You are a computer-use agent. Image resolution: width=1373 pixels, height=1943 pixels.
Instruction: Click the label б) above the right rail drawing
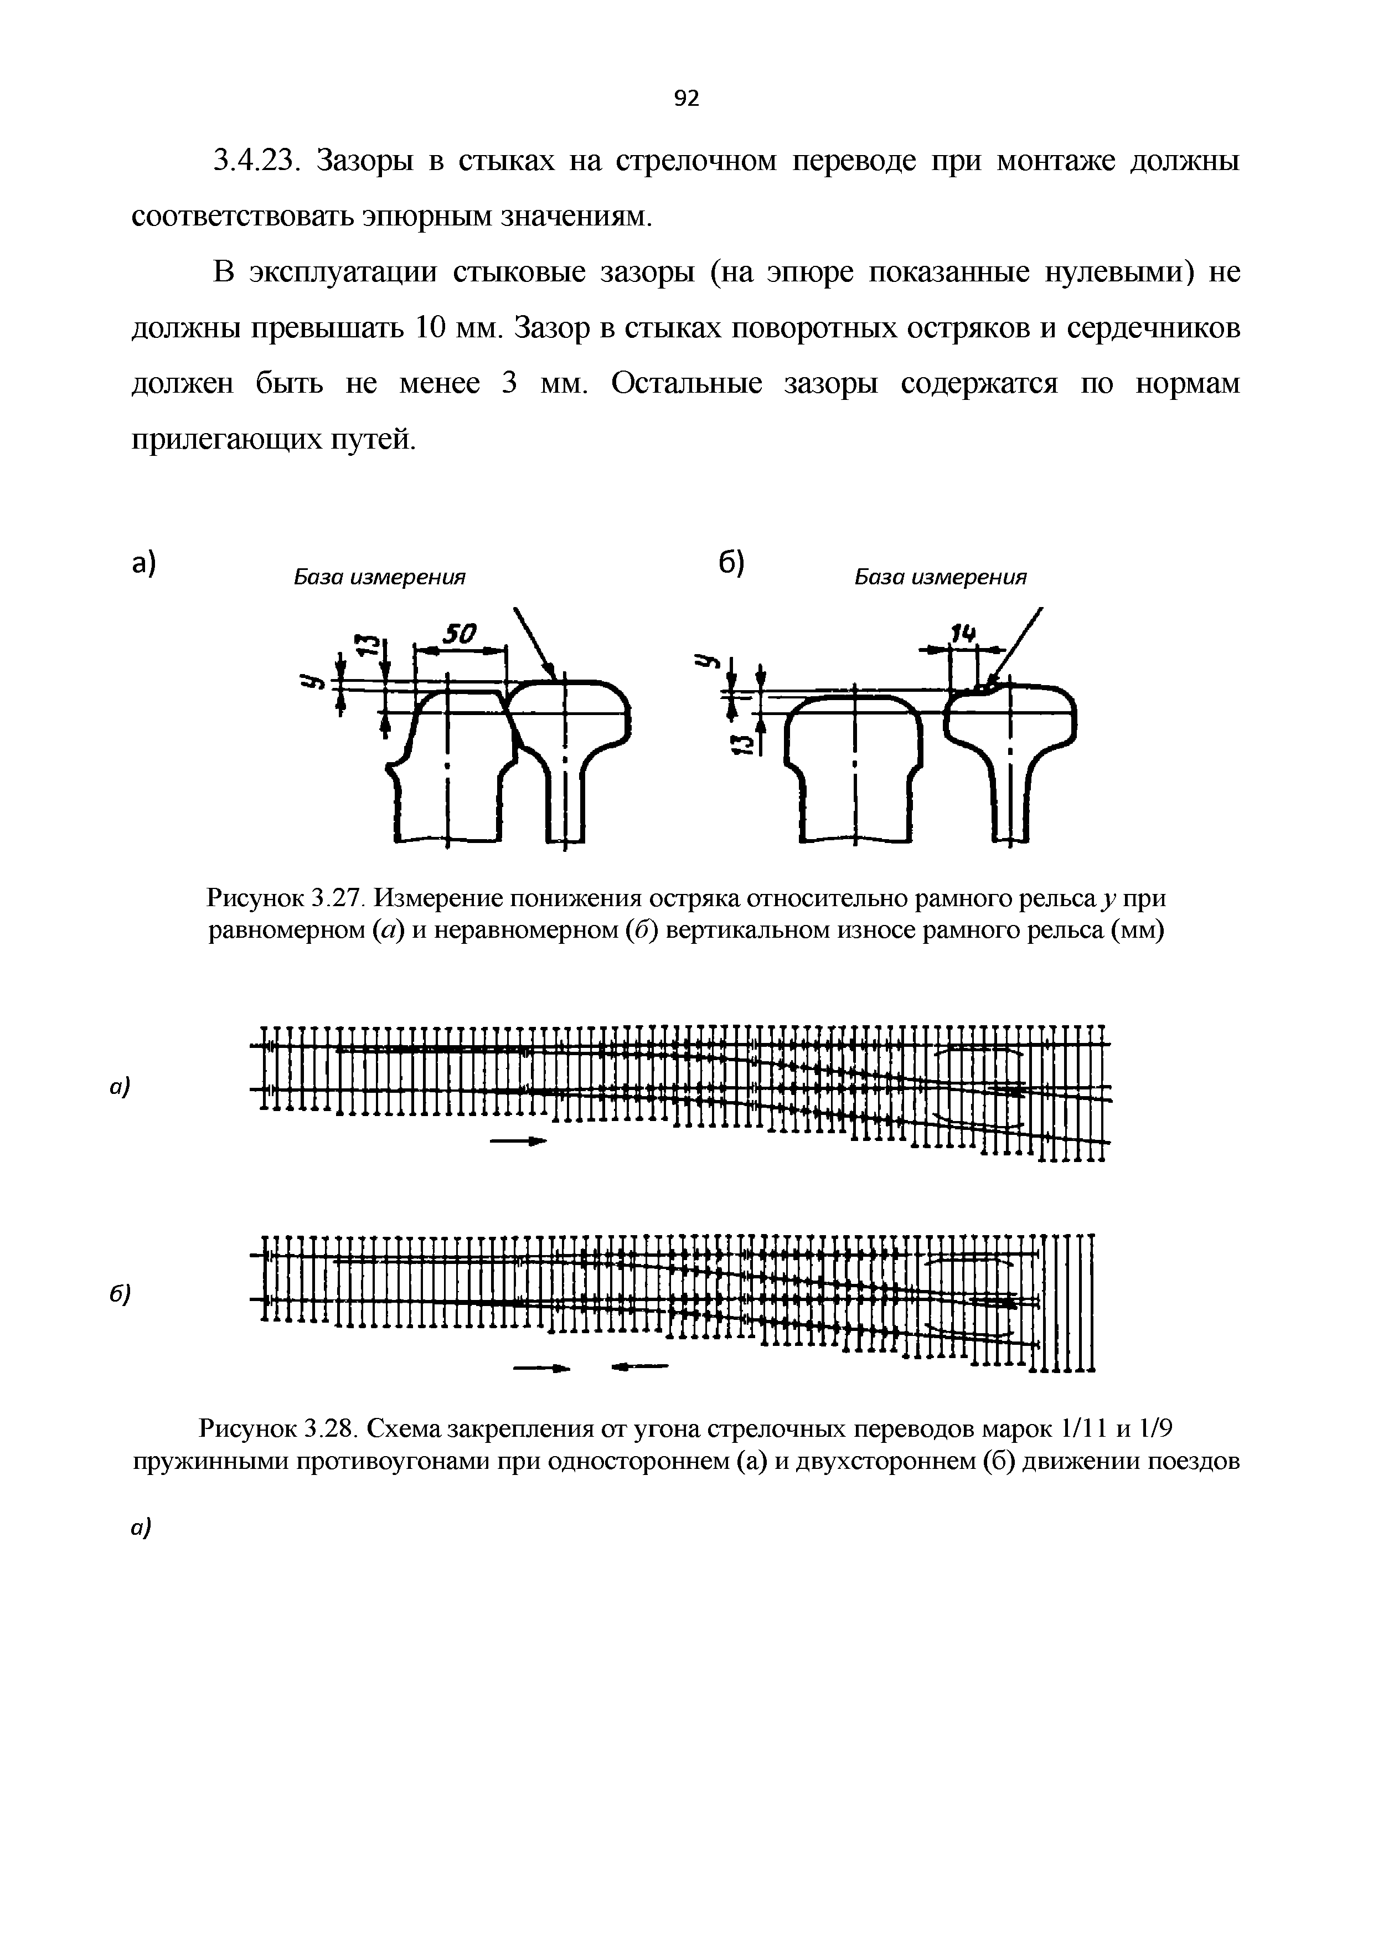click(731, 563)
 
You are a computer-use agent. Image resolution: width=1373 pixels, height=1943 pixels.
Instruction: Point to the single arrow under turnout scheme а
click(514, 1142)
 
